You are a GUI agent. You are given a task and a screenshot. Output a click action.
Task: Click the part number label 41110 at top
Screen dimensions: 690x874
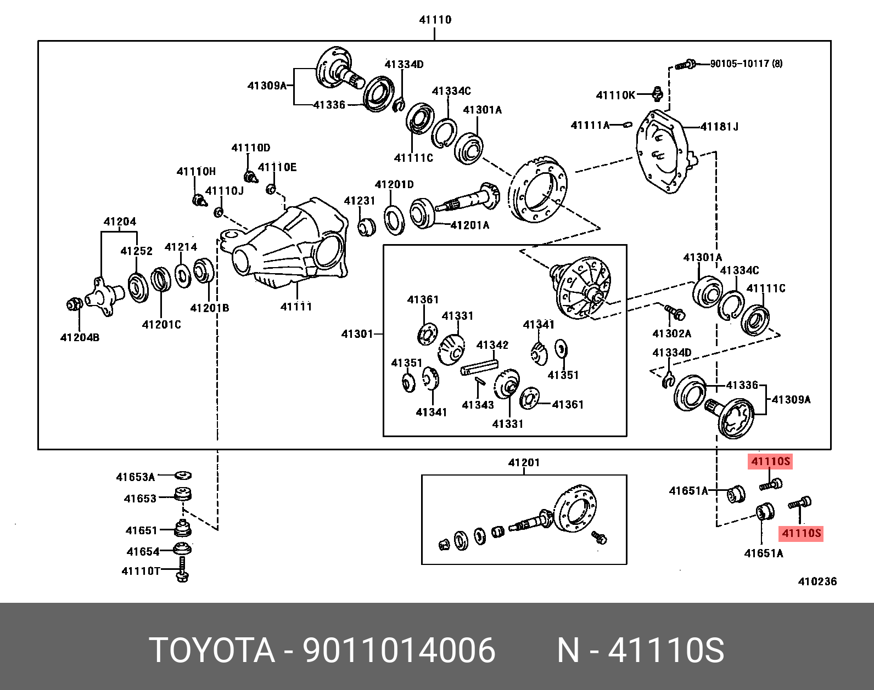pyautogui.click(x=435, y=20)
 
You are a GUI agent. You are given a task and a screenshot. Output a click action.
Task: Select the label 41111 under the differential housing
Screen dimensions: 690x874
pyautogui.click(x=296, y=306)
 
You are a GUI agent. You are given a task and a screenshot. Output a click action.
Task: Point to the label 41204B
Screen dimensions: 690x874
pyautogui.click(x=80, y=337)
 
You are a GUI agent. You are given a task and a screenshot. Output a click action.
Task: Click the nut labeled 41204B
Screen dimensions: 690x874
pyautogui.click(x=73, y=303)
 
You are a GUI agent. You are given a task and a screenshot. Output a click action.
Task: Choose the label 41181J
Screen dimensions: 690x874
pyautogui.click(x=720, y=127)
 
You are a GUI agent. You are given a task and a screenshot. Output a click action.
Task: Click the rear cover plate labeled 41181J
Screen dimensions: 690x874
pyautogui.click(x=663, y=151)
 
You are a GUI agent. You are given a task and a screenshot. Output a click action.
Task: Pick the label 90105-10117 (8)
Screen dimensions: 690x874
pyautogui.click(x=746, y=64)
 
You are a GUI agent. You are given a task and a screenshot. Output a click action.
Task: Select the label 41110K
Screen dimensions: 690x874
pyautogui.click(x=615, y=95)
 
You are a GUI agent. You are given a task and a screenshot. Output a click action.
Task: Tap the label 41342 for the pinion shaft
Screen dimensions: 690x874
pyautogui.click(x=492, y=345)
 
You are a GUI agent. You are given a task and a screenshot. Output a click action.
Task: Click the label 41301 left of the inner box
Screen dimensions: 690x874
pyautogui.click(x=357, y=333)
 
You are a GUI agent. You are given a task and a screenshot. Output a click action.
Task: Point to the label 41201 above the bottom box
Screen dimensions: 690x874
pyautogui.click(x=524, y=462)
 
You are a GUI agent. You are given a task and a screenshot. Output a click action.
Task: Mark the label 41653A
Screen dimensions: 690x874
pyautogui.click(x=136, y=477)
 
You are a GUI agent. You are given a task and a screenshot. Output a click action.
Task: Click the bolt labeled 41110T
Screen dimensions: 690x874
pyautogui.click(x=182, y=570)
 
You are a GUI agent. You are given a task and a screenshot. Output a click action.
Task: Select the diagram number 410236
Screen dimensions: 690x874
pyautogui.click(x=817, y=581)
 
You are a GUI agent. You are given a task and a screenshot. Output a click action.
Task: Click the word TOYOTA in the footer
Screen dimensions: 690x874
pyautogui.click(x=212, y=651)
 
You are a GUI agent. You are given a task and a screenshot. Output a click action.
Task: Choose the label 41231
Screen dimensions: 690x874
pyautogui.click(x=360, y=201)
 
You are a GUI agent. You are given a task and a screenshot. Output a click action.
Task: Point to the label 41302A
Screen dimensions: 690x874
pyautogui.click(x=672, y=333)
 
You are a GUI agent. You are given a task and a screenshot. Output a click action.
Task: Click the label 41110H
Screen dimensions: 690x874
pyautogui.click(x=196, y=171)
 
